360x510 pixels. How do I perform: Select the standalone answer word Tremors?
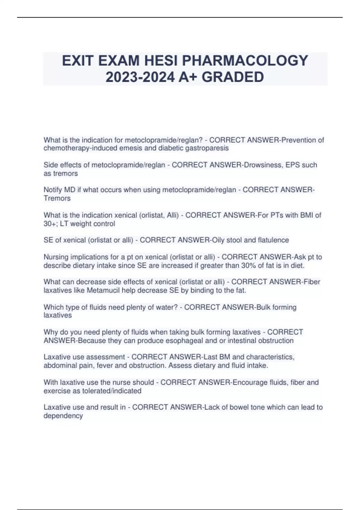point(57,198)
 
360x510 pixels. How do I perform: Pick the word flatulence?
point(273,240)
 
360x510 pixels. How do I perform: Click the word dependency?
point(63,416)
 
